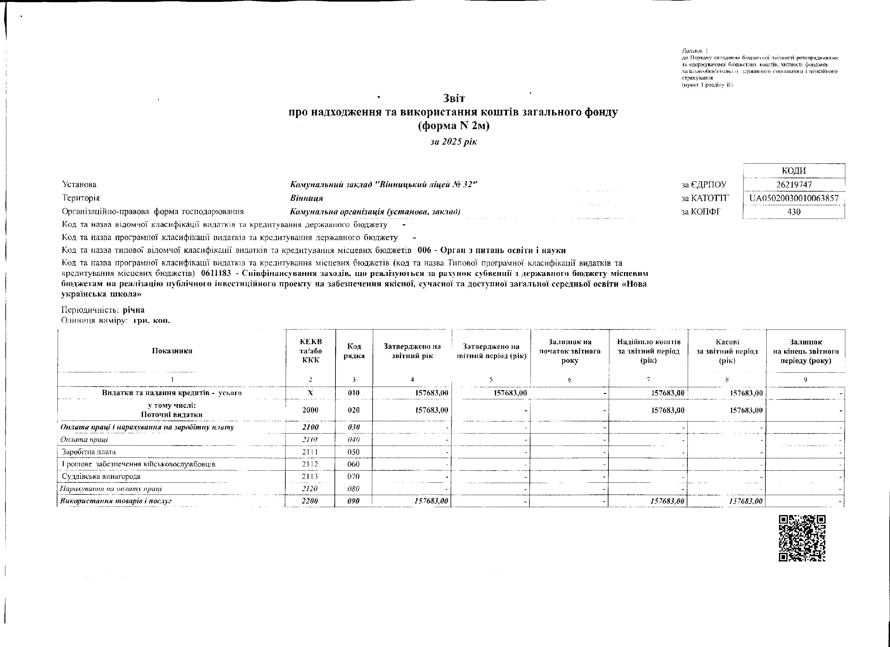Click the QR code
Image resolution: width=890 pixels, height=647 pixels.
[802, 538]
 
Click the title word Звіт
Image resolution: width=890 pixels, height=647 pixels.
[454, 98]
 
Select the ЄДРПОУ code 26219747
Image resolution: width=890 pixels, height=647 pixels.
[794, 185]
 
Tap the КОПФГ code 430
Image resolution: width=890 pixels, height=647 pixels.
[794, 212]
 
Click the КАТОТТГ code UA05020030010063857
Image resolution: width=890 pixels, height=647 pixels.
[794, 198]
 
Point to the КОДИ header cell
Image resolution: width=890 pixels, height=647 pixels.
[794, 171]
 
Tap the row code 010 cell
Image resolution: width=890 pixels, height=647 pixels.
[354, 393]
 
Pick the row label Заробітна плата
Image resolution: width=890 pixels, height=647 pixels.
[89, 452]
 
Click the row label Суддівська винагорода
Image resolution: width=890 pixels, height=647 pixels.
[101, 477]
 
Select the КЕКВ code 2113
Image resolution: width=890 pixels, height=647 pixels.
[310, 477]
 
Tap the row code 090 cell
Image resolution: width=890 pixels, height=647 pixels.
[354, 501]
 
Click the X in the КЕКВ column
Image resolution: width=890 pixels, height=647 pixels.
[310, 393]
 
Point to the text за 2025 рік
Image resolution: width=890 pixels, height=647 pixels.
[454, 142]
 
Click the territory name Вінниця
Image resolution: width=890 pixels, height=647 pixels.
[307, 198]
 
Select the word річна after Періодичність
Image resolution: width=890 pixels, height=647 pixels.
[133, 310]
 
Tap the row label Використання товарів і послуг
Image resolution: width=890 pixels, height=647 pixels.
[116, 501]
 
